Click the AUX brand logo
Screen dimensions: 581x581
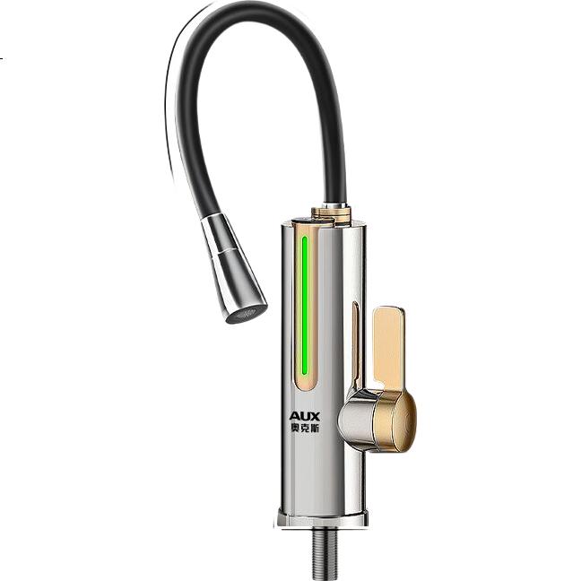[304, 415]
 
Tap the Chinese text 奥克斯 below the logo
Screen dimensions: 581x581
[304, 428]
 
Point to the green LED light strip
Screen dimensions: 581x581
[305, 306]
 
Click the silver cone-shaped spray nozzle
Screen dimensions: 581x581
[233, 268]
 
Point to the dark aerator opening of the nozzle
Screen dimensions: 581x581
[247, 315]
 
